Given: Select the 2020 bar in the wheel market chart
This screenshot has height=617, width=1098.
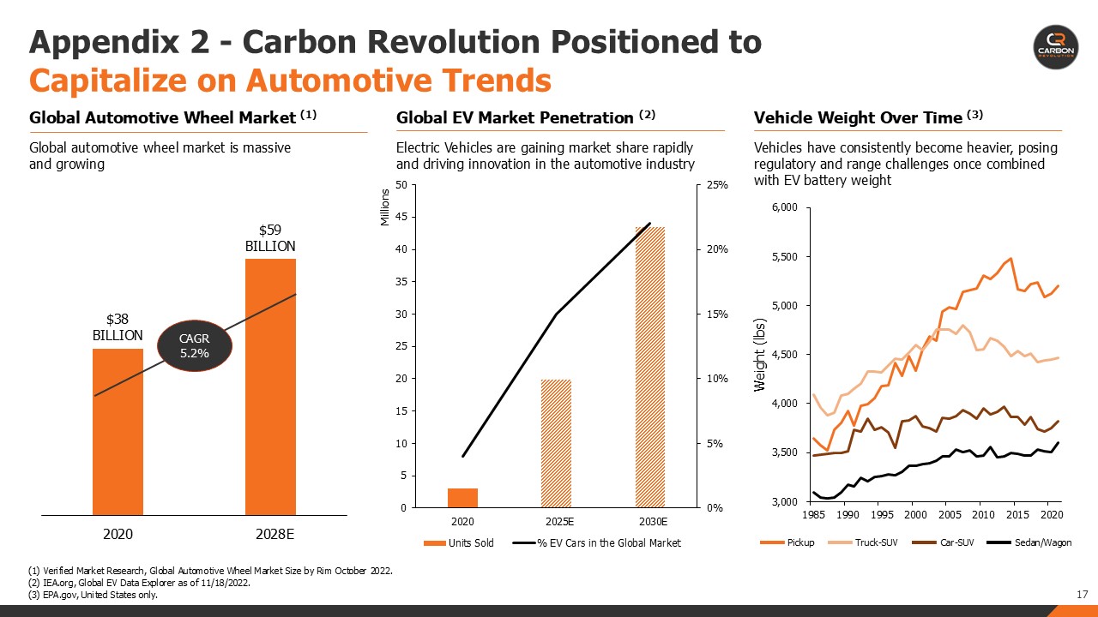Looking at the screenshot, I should coord(118,432).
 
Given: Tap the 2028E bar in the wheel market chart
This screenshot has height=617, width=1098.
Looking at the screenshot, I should coord(270,386).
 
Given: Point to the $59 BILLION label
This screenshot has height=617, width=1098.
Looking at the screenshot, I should coord(270,238).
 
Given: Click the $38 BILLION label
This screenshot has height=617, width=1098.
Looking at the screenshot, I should coord(118,327).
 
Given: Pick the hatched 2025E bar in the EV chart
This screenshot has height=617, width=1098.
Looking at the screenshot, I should coord(556,443).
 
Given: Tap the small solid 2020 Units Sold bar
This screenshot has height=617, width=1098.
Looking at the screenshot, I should coord(462,498).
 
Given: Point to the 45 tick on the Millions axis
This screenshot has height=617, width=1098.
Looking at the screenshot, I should coord(401,218).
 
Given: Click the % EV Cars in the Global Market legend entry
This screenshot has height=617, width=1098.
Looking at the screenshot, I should coord(597,542).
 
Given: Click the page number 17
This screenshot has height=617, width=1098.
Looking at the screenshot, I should coord(1082,594).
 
